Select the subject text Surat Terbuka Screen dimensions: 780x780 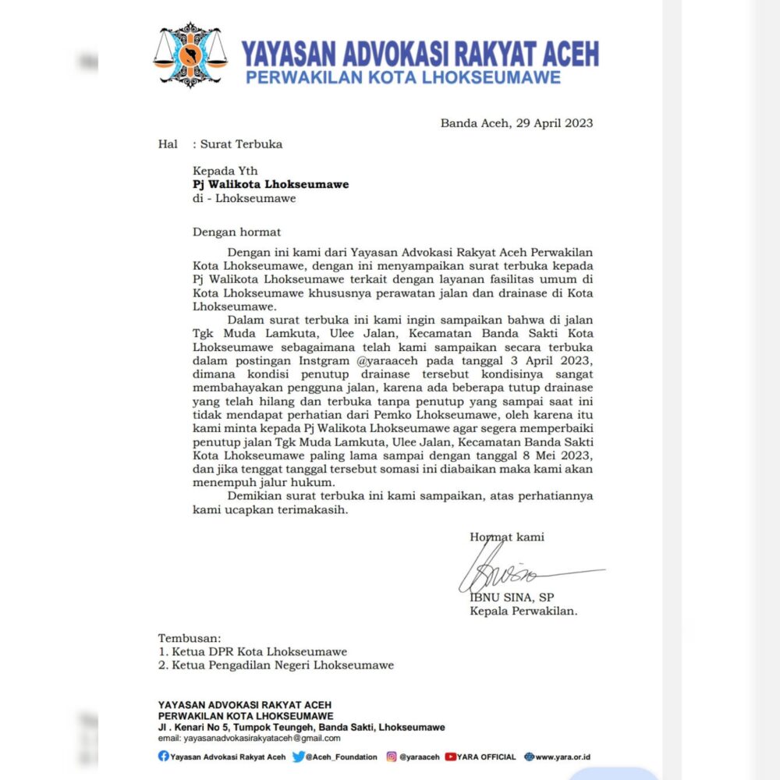[241, 144]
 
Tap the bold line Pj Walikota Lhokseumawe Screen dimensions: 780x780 [271, 185]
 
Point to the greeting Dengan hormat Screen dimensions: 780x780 [237, 232]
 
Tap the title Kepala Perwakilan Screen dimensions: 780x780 [523, 611]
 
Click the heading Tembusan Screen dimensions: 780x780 [190, 637]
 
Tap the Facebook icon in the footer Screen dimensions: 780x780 [163, 757]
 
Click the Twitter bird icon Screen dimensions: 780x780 [299, 757]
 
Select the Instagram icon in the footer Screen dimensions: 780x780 [392, 757]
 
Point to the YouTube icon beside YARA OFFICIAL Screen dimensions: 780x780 [450, 757]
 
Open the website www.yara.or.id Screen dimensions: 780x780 [562, 757]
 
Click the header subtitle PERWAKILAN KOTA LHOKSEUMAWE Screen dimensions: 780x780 [403, 77]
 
